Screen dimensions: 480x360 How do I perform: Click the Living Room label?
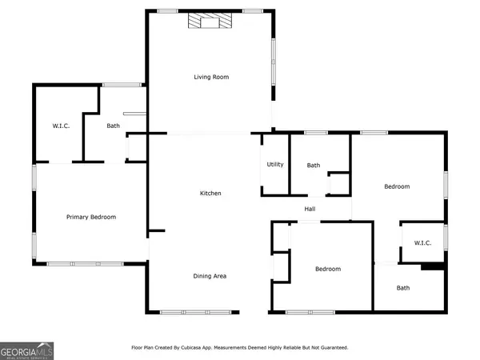(x=211, y=77)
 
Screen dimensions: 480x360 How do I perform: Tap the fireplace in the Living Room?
(x=210, y=21)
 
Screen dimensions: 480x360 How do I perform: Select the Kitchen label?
(x=210, y=193)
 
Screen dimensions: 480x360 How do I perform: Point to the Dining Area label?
(x=210, y=276)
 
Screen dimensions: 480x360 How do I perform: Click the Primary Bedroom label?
(x=91, y=217)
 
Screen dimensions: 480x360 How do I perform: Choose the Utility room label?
(x=275, y=164)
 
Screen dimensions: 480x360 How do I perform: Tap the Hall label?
(x=310, y=209)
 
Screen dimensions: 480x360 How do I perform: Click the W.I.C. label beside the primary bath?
(x=61, y=126)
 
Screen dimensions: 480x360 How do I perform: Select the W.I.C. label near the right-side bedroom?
(x=422, y=243)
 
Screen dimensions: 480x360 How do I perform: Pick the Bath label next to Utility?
(x=314, y=166)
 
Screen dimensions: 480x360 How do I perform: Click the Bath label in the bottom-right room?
(x=403, y=288)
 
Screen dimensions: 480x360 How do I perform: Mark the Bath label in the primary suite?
(x=114, y=126)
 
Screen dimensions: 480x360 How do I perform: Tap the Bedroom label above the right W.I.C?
(x=397, y=186)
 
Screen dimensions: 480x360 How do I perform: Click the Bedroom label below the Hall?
(x=328, y=269)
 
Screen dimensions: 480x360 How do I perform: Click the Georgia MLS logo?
(x=26, y=351)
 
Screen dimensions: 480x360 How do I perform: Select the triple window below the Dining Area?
(x=196, y=312)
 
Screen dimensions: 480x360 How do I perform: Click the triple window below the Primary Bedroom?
(x=85, y=264)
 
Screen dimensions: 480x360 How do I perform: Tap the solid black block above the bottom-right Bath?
(x=433, y=266)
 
